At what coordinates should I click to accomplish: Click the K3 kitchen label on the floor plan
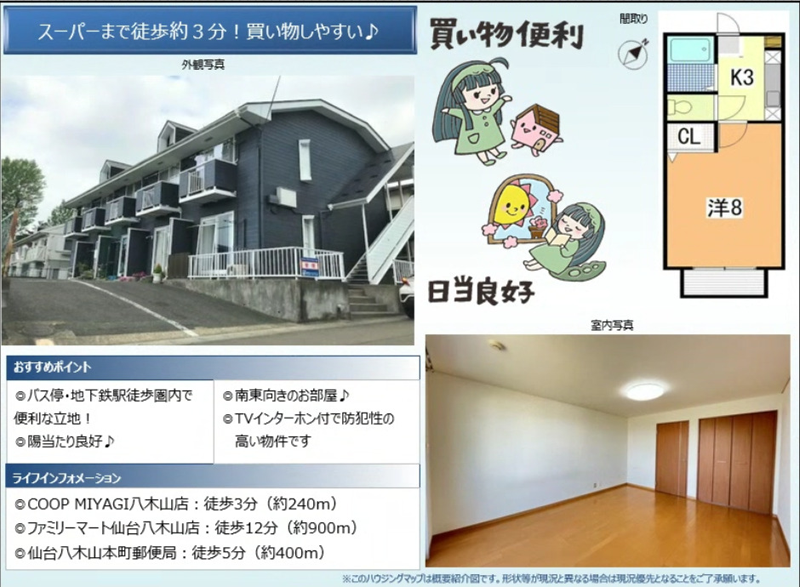pyautogui.click(x=742, y=77)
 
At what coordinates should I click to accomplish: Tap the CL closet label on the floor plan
pyautogui.click(x=689, y=137)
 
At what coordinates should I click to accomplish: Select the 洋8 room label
pyautogui.click(x=724, y=208)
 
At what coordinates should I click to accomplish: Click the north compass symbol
pyautogui.click(x=633, y=53)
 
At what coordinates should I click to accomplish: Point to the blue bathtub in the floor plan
pyautogui.click(x=691, y=50)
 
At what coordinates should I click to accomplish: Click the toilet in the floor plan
pyautogui.click(x=680, y=107)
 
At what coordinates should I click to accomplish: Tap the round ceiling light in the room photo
pyautogui.click(x=645, y=391)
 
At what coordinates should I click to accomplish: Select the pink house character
pyautogui.click(x=537, y=130)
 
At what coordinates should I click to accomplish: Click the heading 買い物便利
pyautogui.click(x=506, y=35)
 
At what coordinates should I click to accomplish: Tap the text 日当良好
pyautogui.click(x=481, y=293)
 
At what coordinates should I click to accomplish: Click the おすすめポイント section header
pyautogui.click(x=53, y=367)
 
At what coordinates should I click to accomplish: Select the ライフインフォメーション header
pyautogui.click(x=67, y=478)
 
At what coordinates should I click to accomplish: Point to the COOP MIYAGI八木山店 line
pyautogui.click(x=176, y=504)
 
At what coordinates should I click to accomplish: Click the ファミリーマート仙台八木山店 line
pyautogui.click(x=186, y=527)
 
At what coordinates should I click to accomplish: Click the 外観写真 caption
pyautogui.click(x=203, y=65)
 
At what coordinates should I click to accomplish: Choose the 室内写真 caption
pyautogui.click(x=612, y=325)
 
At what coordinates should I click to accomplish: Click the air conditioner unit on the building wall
pyautogui.click(x=285, y=197)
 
